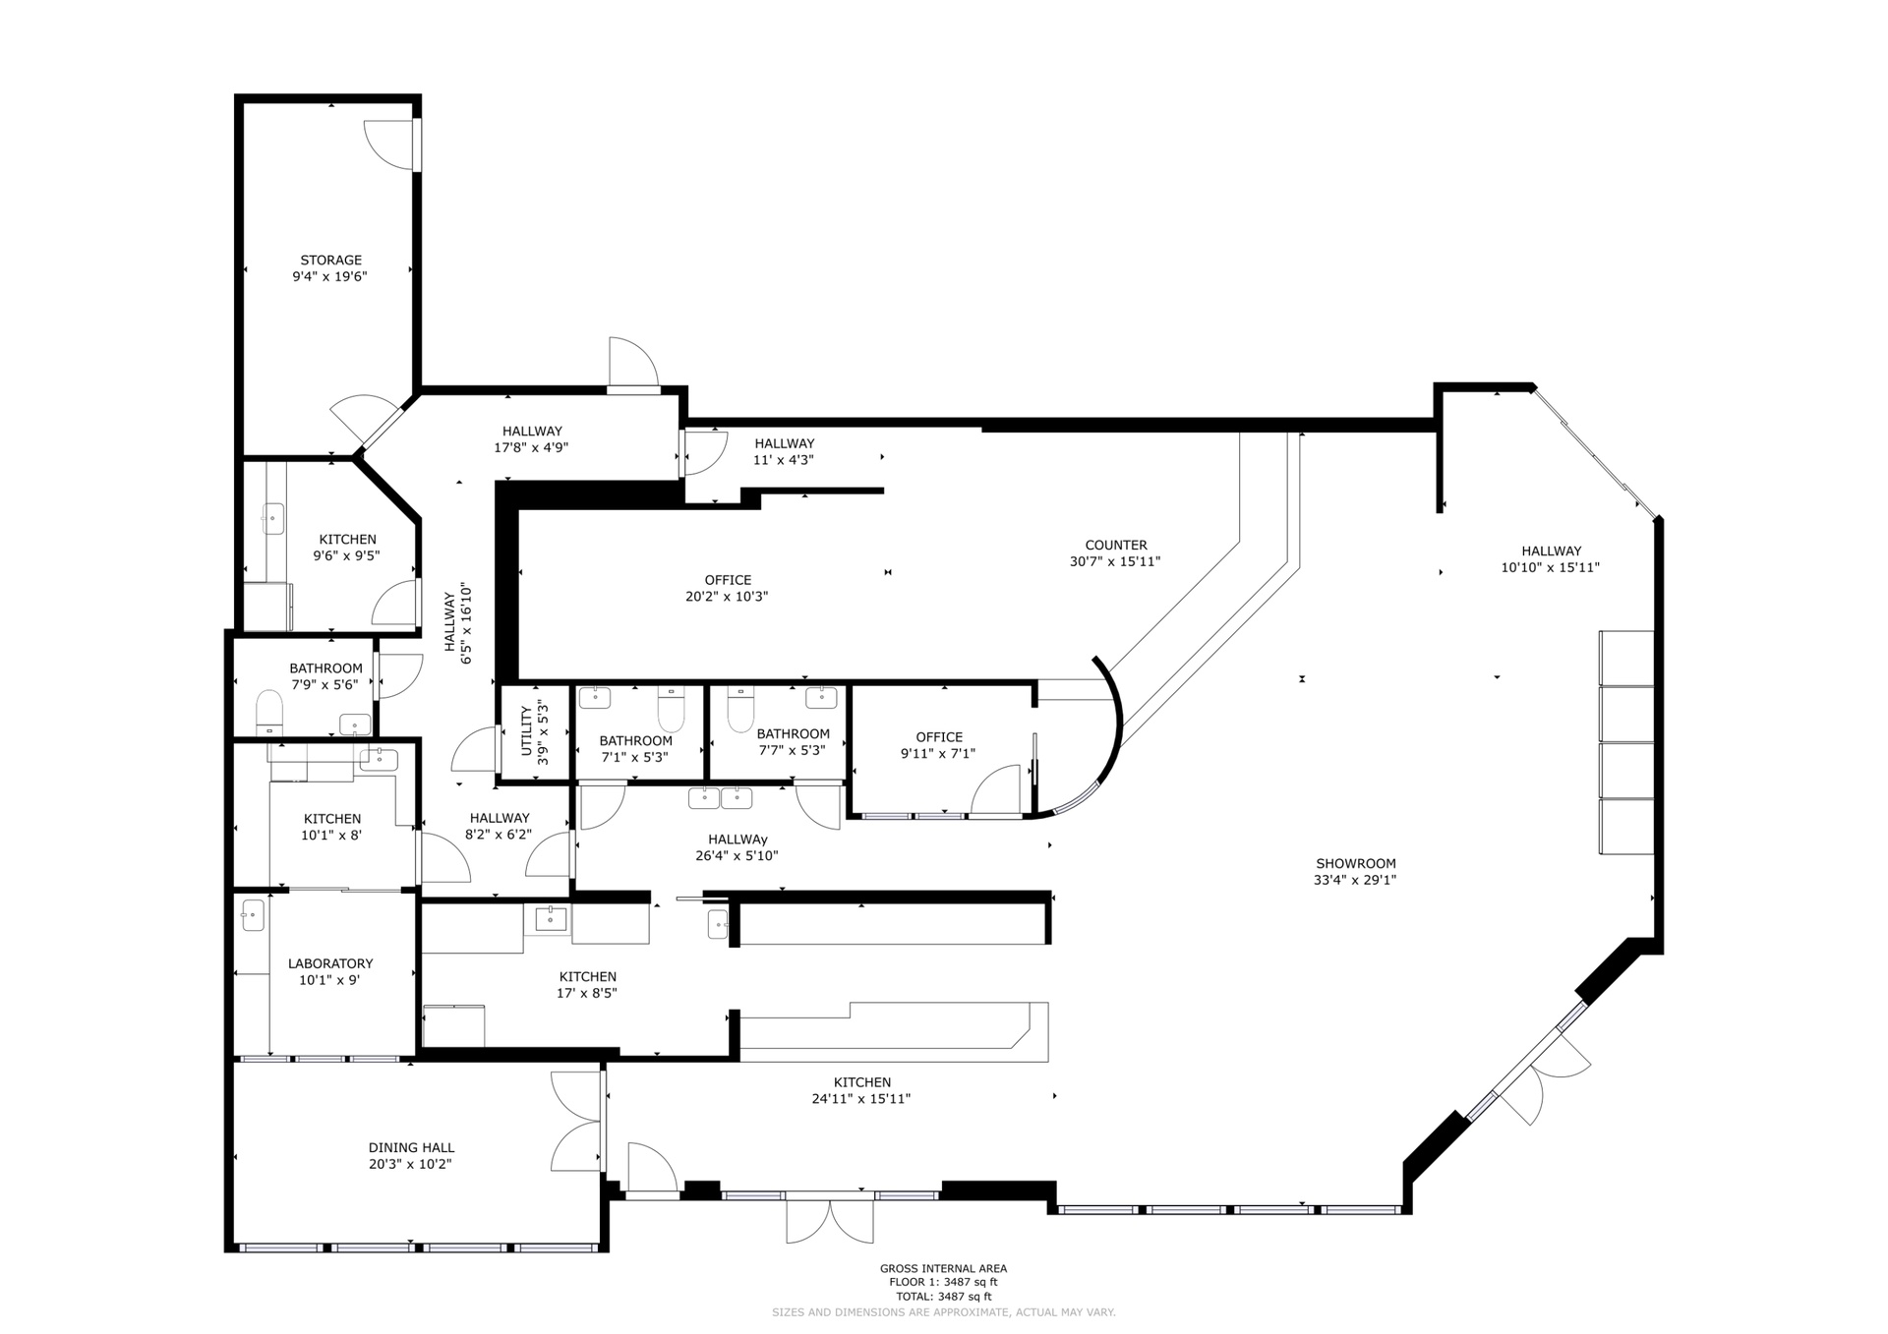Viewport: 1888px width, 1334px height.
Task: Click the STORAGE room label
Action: pos(331,261)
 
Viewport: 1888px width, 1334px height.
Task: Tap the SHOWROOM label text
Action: pos(1355,864)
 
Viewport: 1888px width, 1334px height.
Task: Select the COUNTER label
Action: pos(1116,546)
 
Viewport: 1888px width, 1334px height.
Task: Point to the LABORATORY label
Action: pos(330,963)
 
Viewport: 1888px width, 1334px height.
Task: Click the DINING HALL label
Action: pos(411,1147)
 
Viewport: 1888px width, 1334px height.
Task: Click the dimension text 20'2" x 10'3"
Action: pos(727,597)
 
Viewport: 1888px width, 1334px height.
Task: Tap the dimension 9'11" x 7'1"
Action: pos(938,754)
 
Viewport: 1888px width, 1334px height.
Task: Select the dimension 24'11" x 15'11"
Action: pos(861,1099)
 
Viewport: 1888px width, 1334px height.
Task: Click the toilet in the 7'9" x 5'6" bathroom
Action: pos(269,713)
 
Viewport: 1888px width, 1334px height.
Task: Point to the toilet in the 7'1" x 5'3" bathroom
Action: pos(671,710)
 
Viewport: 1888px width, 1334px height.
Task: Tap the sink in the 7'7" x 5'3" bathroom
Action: pos(821,698)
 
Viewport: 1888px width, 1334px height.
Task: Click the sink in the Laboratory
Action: pos(254,915)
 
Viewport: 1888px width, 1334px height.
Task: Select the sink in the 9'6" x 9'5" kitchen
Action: pos(272,519)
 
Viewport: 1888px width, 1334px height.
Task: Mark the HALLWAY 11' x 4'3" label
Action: pos(784,452)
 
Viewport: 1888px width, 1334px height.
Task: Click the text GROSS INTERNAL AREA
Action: pos(943,1269)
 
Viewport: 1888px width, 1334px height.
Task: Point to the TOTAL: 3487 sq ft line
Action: pos(943,1297)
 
